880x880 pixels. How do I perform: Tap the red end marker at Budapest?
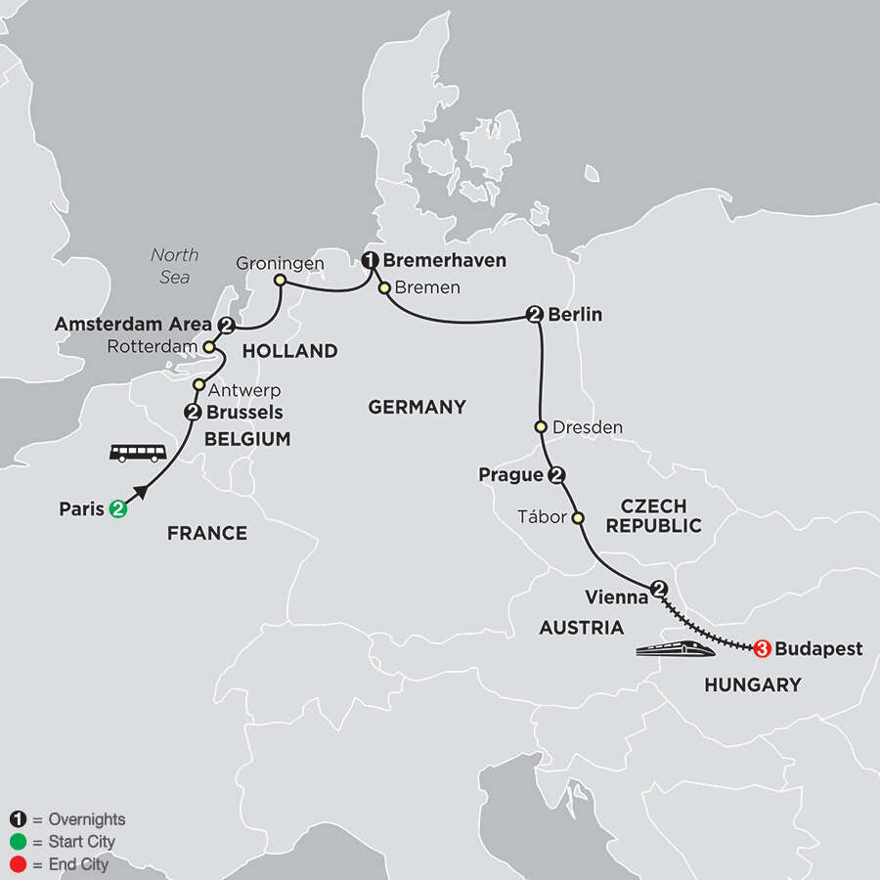[x=763, y=648]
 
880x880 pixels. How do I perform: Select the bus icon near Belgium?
[x=137, y=452]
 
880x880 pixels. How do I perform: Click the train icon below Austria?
[x=674, y=650]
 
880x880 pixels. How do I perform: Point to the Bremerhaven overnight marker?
[x=371, y=261]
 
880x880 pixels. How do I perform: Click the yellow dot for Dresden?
[x=541, y=427]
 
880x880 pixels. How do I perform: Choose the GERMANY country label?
[x=417, y=407]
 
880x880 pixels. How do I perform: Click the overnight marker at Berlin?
[x=535, y=315]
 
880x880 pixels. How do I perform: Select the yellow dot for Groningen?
[x=280, y=282]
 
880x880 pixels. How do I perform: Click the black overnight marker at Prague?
[x=557, y=476]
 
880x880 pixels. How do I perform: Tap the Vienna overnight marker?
[x=659, y=590]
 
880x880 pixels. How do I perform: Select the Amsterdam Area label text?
[x=133, y=325]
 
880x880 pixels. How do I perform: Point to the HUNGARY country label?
[x=752, y=685]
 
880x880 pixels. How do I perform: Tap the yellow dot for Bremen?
[x=385, y=288]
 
